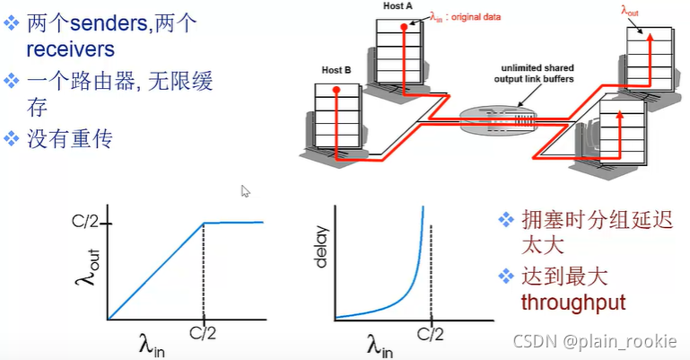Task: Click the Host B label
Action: click(336, 69)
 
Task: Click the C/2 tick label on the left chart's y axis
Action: click(89, 223)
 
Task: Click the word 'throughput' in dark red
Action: click(572, 303)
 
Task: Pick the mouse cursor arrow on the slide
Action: click(246, 190)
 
